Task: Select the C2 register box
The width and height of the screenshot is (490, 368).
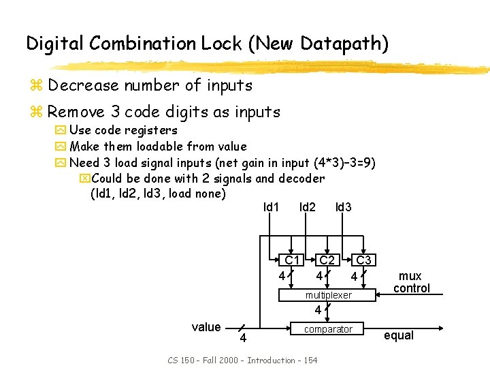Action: point(327,260)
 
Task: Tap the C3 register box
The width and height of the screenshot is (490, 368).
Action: point(364,260)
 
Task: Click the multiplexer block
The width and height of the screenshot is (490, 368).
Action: point(328,295)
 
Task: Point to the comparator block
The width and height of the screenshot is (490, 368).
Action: point(328,329)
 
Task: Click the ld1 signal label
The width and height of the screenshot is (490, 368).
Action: point(271,206)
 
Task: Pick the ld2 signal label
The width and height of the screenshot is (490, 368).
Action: point(307,206)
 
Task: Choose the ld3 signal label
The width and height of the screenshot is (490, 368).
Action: point(343,206)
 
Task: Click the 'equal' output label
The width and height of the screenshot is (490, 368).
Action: point(399,335)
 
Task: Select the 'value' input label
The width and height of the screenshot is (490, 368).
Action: point(206,327)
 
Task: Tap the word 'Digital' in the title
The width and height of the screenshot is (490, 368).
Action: point(55,44)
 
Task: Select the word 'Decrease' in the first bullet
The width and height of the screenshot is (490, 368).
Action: point(82,86)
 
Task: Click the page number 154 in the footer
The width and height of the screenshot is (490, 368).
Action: point(310,359)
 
